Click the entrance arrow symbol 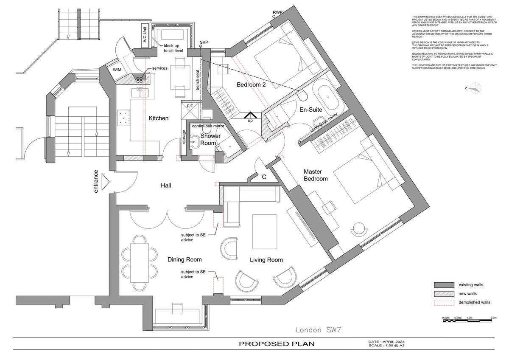[105, 183]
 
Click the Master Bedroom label [316, 175]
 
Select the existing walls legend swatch [442, 284]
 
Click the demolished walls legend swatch [442, 302]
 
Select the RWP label [277, 12]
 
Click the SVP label [204, 42]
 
